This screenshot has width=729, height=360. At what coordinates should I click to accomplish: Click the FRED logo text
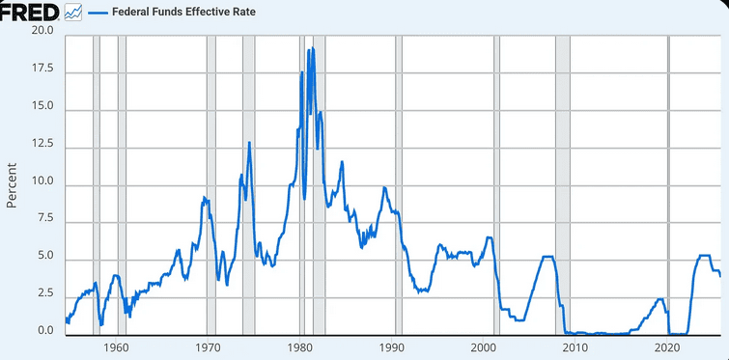tap(30, 12)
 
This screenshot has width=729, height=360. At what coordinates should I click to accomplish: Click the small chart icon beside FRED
tap(73, 14)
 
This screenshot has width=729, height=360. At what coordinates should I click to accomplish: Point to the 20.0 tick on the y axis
tap(42, 32)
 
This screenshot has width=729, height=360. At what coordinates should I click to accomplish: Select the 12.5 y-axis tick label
tap(42, 146)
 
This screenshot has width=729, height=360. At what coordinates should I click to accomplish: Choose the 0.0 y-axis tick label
tap(44, 331)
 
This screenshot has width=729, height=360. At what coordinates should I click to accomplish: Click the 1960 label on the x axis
tap(116, 347)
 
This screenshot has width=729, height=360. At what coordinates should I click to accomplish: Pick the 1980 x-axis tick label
tap(300, 347)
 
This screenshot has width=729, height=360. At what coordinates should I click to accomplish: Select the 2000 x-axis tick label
tap(484, 347)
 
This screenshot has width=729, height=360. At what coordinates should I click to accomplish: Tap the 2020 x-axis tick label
tap(668, 347)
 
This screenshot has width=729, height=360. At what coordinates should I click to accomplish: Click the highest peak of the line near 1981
tap(309, 48)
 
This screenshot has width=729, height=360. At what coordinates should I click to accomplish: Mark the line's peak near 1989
tap(384, 187)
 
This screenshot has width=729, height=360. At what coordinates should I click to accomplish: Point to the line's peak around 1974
tap(249, 143)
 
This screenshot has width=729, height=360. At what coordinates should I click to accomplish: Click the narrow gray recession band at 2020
tap(669, 183)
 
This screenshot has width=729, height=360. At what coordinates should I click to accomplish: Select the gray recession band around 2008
tap(562, 183)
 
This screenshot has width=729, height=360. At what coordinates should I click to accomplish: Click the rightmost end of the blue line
tap(720, 276)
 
